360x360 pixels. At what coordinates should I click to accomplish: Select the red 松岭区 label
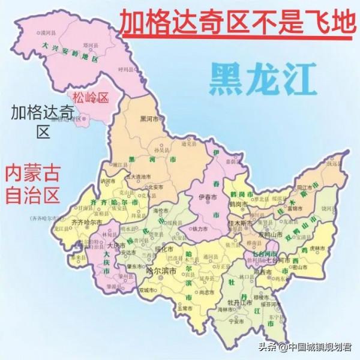coord(90,97)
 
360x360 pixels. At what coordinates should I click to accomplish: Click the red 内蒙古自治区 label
coord(32,185)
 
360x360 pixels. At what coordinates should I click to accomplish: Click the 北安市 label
coord(139,185)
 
